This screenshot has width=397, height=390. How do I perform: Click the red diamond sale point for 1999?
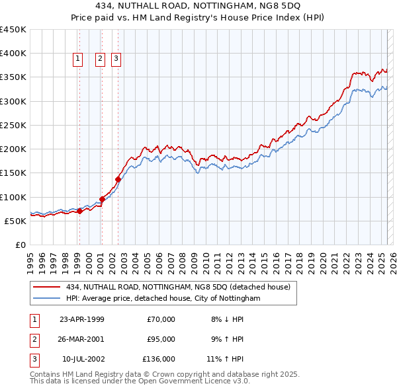click(x=80, y=212)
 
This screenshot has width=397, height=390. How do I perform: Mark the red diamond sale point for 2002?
click(x=118, y=179)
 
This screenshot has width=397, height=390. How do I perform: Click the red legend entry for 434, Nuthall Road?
click(x=178, y=287)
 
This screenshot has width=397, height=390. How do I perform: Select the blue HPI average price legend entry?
click(x=163, y=299)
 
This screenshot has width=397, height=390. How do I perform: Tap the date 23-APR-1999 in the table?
click(x=82, y=319)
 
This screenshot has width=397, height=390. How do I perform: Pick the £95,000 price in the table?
click(x=159, y=339)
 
